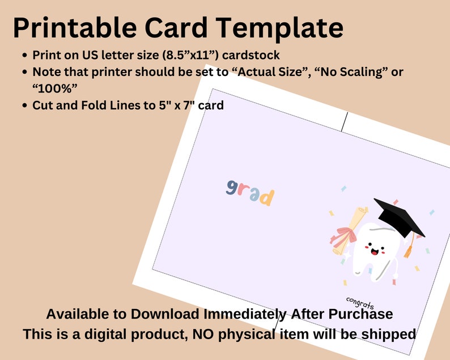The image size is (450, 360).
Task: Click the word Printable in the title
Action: pyautogui.click(x=75, y=28)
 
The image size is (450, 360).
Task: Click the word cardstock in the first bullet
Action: pyautogui.click(x=251, y=55)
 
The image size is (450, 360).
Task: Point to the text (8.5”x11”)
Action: pyautogui.click(x=190, y=55)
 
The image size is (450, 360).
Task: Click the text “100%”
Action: pyautogui.click(x=54, y=88)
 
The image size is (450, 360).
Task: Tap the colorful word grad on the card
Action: pyautogui.click(x=250, y=193)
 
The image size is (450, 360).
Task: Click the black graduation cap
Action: pyautogui.click(x=399, y=217)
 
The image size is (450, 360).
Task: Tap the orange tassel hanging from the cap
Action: pyautogui.click(x=409, y=250)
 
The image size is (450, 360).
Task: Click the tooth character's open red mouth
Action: pyautogui.click(x=375, y=252)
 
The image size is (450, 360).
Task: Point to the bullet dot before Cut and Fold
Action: pyautogui.click(x=25, y=105)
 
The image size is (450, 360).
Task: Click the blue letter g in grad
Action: pyautogui.click(x=231, y=188)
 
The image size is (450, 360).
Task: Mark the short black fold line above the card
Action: pyautogui.click(x=345, y=122)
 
